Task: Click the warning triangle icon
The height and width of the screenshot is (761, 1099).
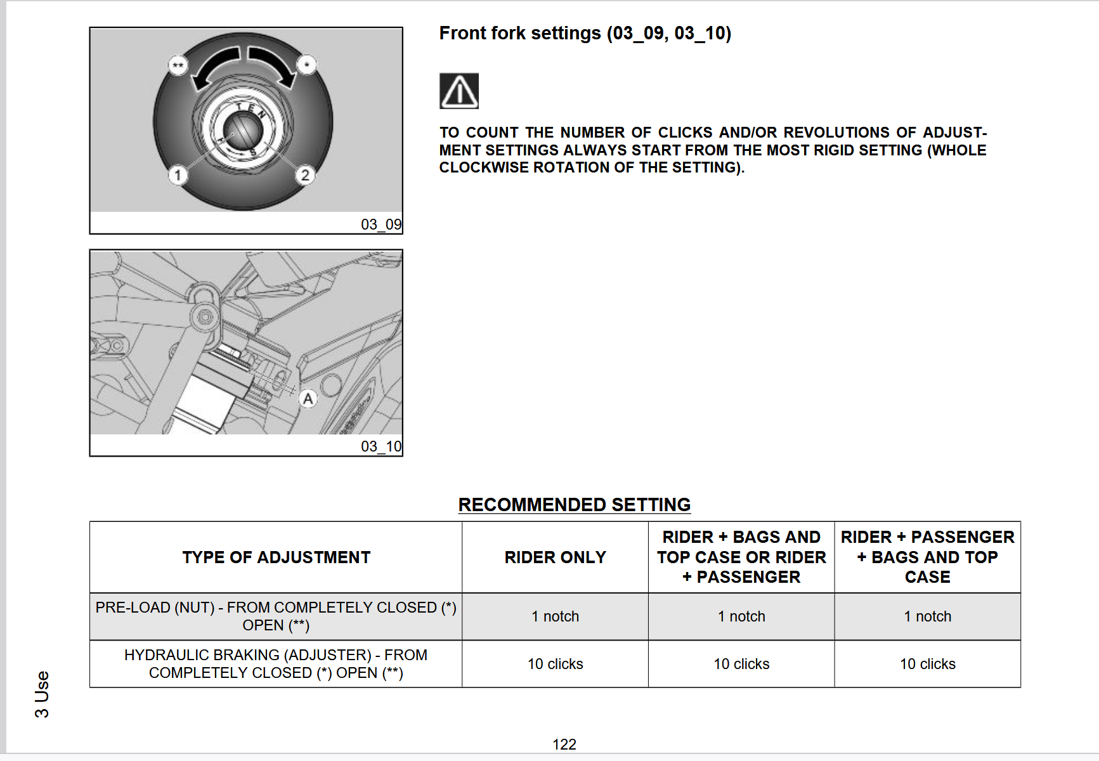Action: [x=459, y=91]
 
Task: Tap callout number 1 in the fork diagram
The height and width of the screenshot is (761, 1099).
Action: [x=178, y=175]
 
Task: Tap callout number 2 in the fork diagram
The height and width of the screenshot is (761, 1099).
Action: [x=305, y=175]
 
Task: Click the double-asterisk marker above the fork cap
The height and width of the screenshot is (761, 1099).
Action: [x=178, y=65]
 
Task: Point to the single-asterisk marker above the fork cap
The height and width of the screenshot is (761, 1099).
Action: [x=307, y=65]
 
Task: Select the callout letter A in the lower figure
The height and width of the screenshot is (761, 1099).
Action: [x=308, y=399]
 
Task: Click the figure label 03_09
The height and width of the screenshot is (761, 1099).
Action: [x=381, y=224]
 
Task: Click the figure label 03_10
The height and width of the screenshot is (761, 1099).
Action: [x=381, y=446]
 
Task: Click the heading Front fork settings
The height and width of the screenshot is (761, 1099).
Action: [x=585, y=33]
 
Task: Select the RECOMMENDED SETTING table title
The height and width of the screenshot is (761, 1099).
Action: [x=575, y=505]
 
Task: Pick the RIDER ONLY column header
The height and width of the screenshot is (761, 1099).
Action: [x=556, y=557]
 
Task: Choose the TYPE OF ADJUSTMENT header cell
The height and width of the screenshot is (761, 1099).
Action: [x=276, y=557]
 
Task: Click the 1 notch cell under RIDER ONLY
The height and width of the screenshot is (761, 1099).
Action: [x=556, y=616]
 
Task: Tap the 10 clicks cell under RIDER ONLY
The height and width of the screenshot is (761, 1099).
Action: [x=556, y=664]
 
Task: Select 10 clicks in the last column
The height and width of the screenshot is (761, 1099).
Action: [x=928, y=664]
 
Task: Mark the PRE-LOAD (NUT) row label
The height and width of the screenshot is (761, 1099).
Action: [x=276, y=616]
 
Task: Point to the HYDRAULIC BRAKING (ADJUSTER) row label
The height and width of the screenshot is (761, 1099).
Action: [x=276, y=664]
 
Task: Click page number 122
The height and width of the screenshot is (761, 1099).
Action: [x=564, y=745]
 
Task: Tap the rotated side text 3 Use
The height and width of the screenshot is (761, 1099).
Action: [x=42, y=694]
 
